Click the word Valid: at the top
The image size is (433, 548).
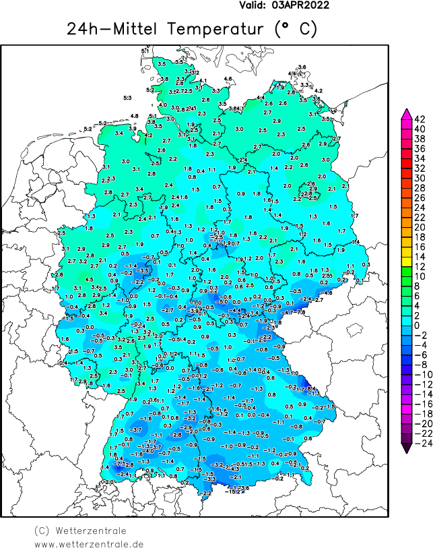click(x=253, y=5)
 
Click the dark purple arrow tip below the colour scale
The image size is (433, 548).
click(x=407, y=447)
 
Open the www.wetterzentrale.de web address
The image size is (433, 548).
click(x=89, y=543)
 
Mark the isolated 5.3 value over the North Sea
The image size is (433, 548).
click(x=128, y=98)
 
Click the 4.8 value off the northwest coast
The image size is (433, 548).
click(x=135, y=116)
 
